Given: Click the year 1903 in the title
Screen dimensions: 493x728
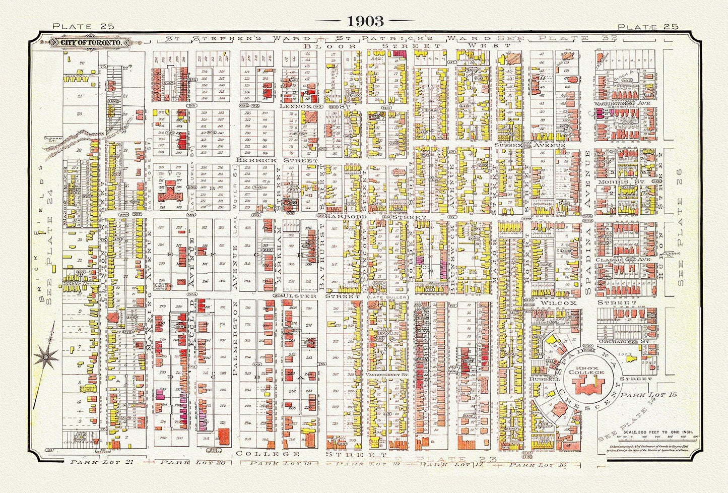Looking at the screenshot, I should pos(364,21).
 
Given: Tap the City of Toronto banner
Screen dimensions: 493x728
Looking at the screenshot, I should pos(91,43).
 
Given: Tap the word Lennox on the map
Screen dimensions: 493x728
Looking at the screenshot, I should pos(294,107).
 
